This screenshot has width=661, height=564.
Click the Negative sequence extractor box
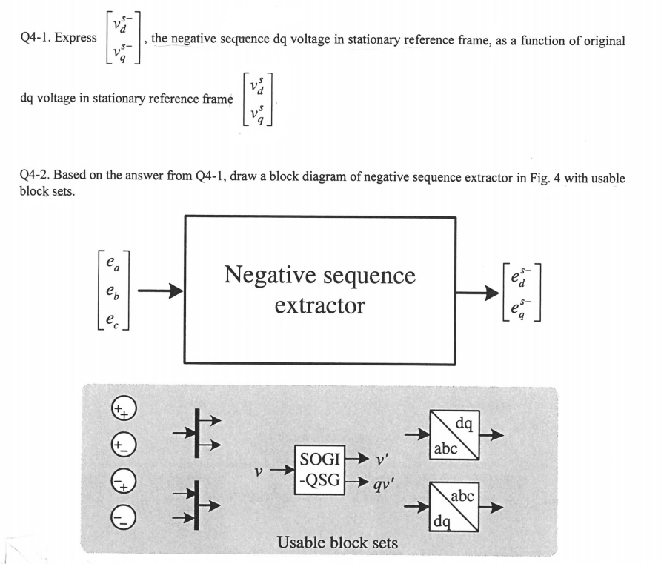pos(319,289)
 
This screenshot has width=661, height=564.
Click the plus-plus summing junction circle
pos(123,410)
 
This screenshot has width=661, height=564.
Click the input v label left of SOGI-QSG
pos(256,469)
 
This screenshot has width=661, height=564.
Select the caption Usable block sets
pos(337,543)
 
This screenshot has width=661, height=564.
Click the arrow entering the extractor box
pos(160,291)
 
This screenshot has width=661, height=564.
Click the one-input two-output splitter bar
pos(197,432)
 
